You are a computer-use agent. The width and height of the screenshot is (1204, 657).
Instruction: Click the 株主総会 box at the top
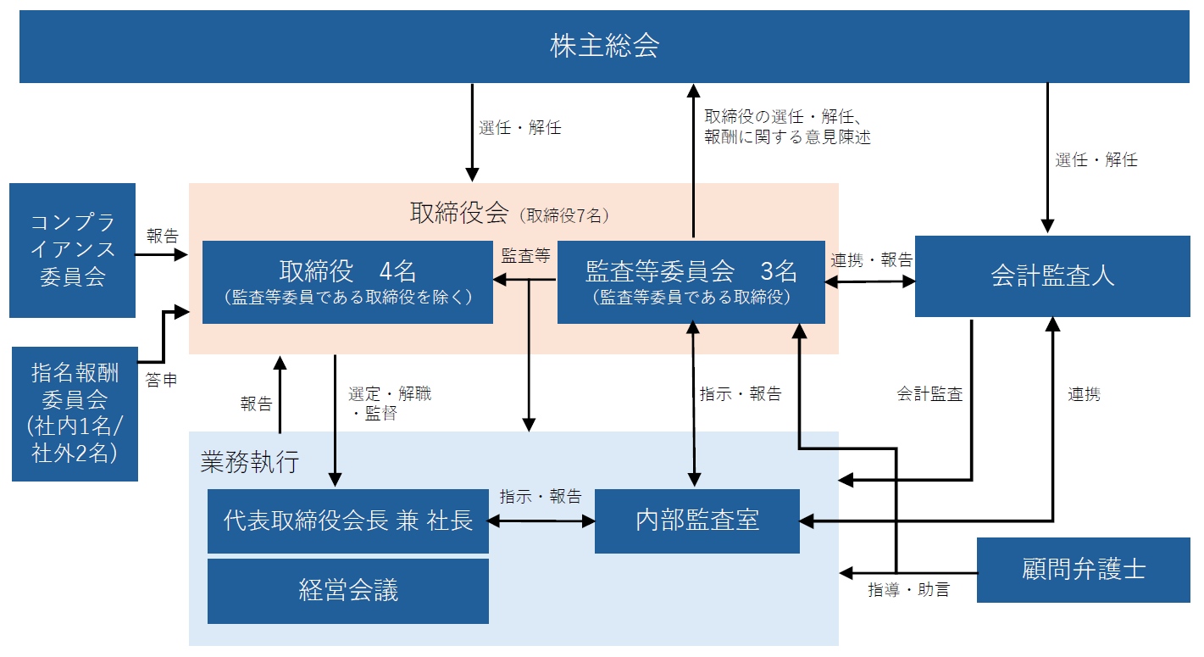(x=604, y=46)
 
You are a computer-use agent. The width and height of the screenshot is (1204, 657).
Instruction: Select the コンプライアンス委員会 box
(x=73, y=250)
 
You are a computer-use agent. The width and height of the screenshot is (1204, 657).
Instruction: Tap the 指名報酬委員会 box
(x=75, y=413)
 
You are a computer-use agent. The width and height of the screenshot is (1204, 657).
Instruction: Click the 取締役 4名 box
(x=347, y=281)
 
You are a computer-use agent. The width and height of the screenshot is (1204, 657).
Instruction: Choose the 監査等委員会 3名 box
(x=691, y=281)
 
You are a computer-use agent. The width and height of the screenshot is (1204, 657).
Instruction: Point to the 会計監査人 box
(x=1052, y=276)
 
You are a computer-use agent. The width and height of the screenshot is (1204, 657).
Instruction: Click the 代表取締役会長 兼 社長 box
(x=348, y=521)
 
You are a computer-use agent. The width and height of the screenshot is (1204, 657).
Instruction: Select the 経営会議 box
(x=348, y=591)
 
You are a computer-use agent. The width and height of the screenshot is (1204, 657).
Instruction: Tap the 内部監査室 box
(x=696, y=521)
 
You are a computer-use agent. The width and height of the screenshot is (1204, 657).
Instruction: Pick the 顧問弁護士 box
(x=1083, y=570)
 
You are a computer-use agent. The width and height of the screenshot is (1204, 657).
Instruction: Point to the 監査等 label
(x=525, y=256)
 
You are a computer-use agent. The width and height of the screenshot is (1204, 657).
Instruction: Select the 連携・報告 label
(x=871, y=260)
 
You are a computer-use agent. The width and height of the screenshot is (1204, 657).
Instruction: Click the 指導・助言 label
(x=909, y=590)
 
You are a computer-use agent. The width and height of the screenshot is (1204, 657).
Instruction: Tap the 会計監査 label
(x=929, y=394)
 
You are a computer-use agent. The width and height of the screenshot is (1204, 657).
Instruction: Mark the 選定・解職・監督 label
(x=390, y=404)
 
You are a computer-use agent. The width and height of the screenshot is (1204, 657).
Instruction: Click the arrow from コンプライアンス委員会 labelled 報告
(x=163, y=252)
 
